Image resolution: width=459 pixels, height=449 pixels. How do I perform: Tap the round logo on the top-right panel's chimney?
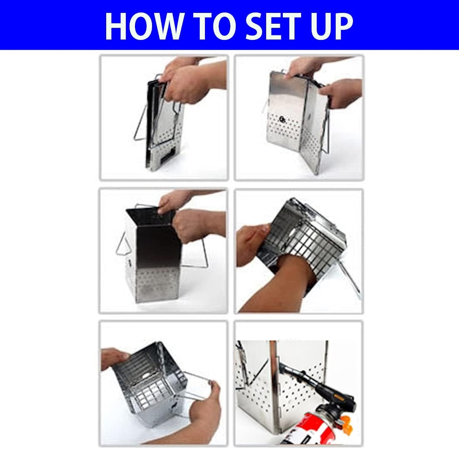click(x=282, y=119)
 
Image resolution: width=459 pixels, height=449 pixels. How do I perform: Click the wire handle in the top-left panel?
click(x=140, y=123)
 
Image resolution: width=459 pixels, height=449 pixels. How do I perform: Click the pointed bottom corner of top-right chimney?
click(x=315, y=174)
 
